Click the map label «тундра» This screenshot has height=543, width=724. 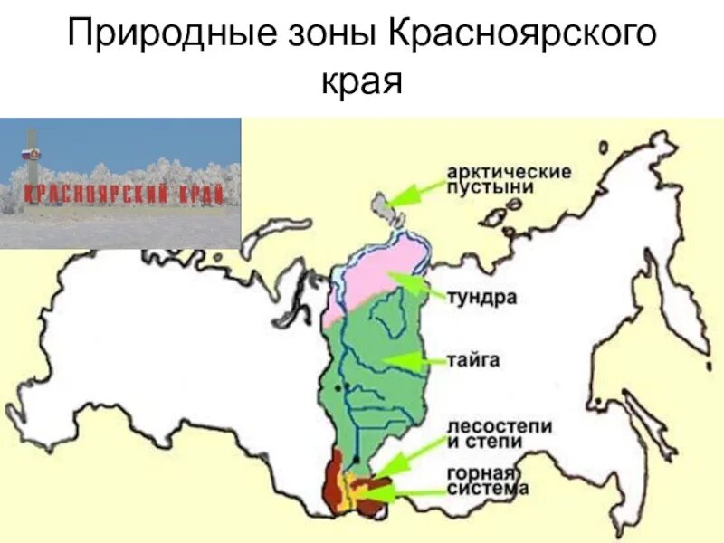coord(481,298)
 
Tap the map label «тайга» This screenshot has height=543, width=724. coord(472,360)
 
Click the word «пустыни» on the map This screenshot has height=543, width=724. coord(489,187)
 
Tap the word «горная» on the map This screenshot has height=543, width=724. coord(480,473)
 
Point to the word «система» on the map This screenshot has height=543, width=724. coord(487,489)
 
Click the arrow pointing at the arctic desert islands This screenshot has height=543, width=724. coord(418,192)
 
